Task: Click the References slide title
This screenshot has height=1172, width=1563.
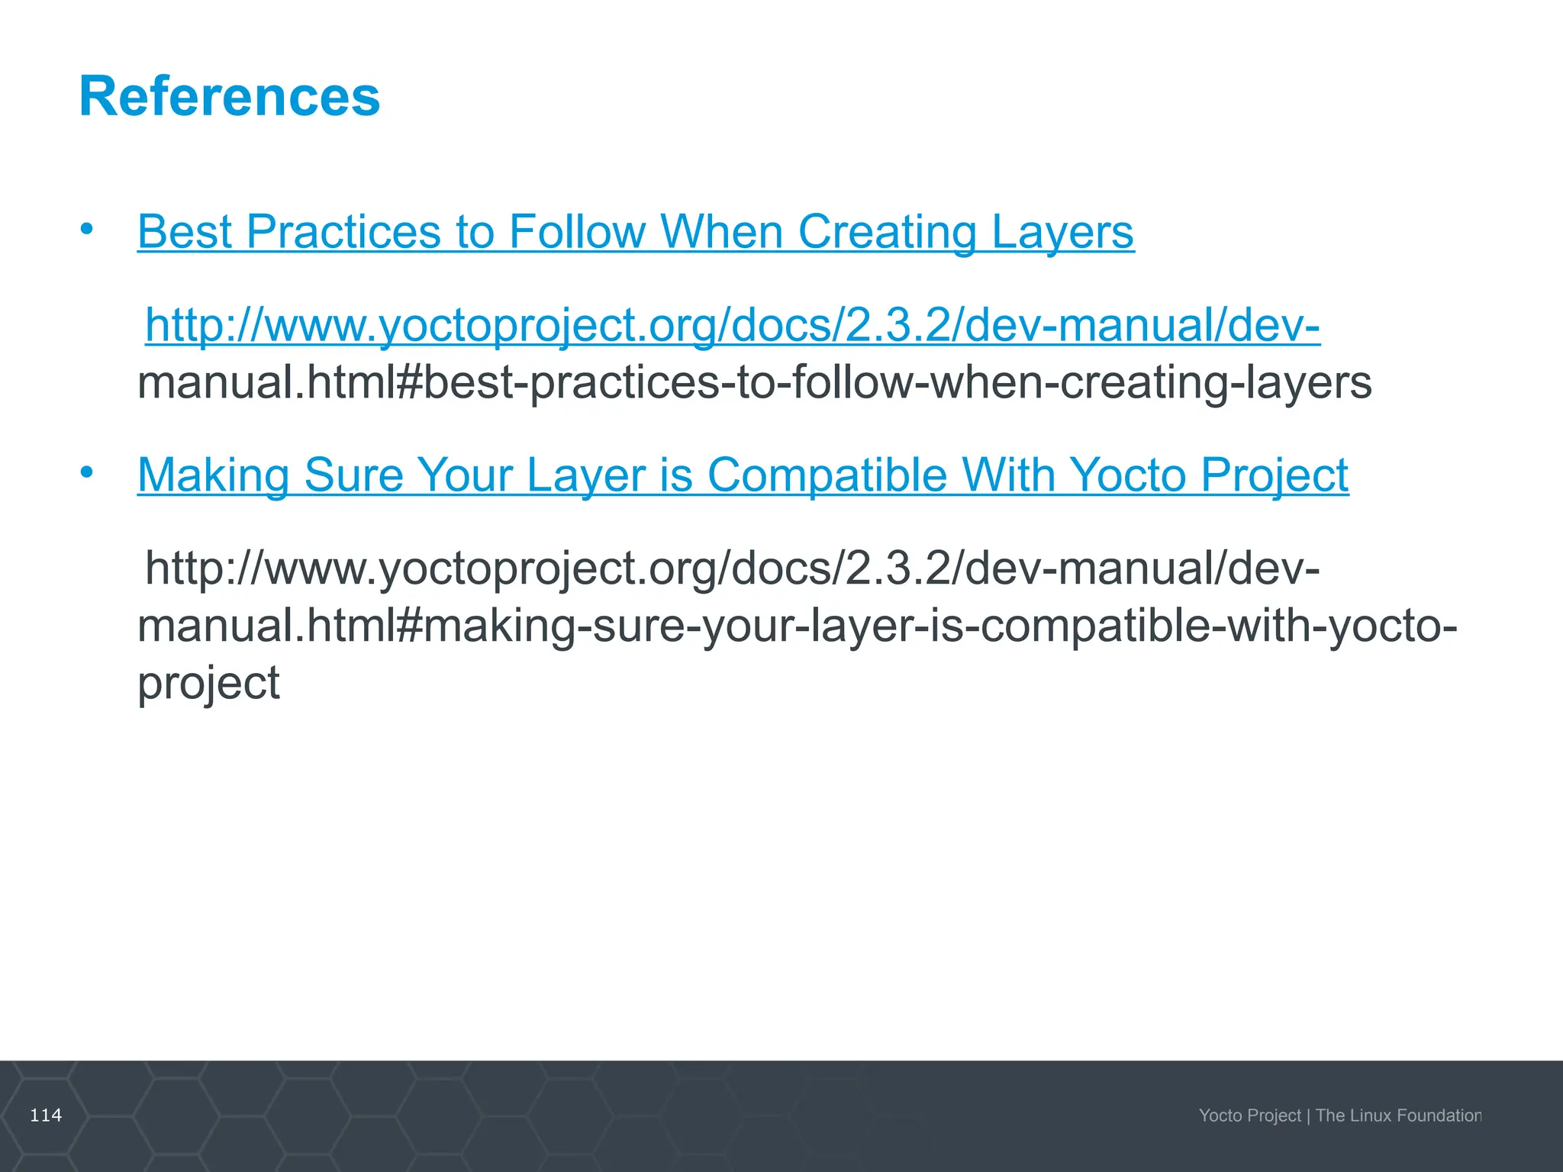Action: (x=229, y=97)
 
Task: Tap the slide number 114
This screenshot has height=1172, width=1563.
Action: (x=46, y=1116)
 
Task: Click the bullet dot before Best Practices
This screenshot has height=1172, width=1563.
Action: (x=87, y=228)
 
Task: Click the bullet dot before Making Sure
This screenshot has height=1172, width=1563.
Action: (x=87, y=472)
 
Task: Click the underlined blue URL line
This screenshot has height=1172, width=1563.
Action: (x=733, y=325)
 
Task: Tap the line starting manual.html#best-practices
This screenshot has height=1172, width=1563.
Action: (x=754, y=382)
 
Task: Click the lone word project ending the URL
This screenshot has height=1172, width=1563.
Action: (x=208, y=682)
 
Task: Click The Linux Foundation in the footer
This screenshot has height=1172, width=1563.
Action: (x=1398, y=1116)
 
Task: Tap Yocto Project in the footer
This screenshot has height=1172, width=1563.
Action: (x=1249, y=1116)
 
